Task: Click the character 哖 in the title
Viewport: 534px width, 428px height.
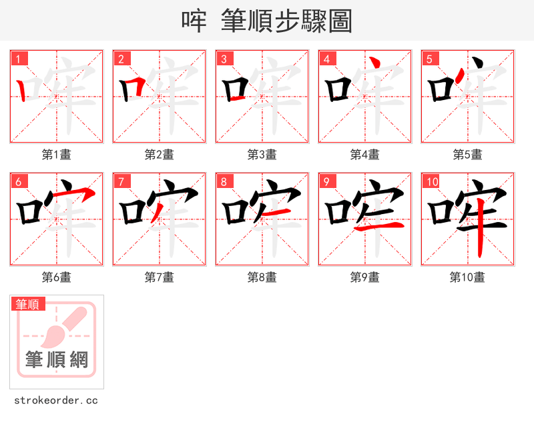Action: pyautogui.click(x=194, y=21)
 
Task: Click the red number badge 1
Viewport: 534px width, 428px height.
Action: pyautogui.click(x=19, y=59)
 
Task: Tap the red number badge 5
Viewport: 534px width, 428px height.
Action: pyautogui.click(x=430, y=59)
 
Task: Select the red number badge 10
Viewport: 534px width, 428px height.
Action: pyautogui.click(x=432, y=181)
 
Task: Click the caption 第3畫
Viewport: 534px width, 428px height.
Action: pyautogui.click(x=262, y=155)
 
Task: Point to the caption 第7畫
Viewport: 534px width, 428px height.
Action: pyautogui.click(x=159, y=277)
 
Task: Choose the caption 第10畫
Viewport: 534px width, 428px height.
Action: pyautogui.click(x=467, y=277)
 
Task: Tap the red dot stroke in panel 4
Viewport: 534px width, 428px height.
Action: pyautogui.click(x=376, y=63)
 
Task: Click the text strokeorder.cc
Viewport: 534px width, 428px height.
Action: pyautogui.click(x=56, y=401)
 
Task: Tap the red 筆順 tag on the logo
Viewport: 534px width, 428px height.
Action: pyautogui.click(x=28, y=304)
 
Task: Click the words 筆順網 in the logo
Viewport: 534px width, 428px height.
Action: pyautogui.click(x=56, y=360)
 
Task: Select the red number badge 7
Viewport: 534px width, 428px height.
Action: pyautogui.click(x=121, y=181)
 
